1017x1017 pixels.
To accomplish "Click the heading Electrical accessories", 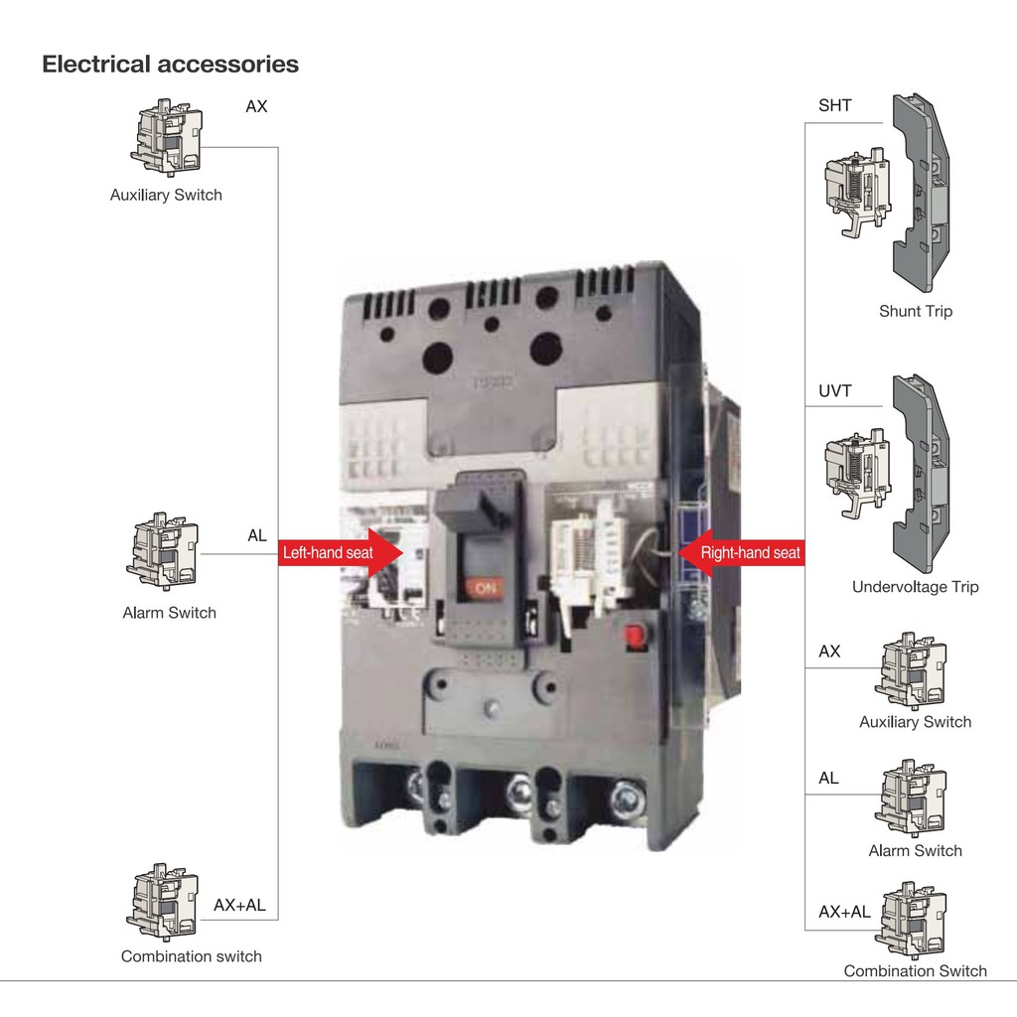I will tap(170, 65).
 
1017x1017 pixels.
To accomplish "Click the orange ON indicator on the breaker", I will tap(487, 588).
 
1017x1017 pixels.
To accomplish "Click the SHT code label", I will tap(834, 105).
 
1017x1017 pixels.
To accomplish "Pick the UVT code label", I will tap(834, 391).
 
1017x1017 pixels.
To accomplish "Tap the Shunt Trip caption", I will tap(915, 311).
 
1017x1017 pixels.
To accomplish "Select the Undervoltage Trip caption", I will tap(915, 587).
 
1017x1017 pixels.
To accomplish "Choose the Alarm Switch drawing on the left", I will tap(164, 551).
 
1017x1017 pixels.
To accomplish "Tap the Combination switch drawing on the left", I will tap(164, 902).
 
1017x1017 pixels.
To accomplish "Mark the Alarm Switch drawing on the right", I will tap(912, 798).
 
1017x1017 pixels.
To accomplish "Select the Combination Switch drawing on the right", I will tap(912, 919).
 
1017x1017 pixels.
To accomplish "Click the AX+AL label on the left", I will tap(239, 906).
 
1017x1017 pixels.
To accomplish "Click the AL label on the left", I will tap(257, 536).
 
